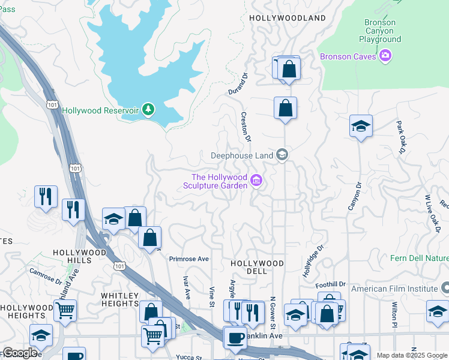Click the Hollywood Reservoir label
tap(101, 110)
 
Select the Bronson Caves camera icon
tap(385, 56)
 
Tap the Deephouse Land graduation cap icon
tap(282, 155)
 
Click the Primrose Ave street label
tap(188, 259)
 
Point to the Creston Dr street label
tap(245, 127)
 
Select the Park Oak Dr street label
tap(400, 137)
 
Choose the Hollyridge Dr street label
tap(313, 256)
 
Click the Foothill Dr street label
tap(334, 284)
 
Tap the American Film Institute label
tap(394, 289)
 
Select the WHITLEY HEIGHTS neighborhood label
tap(120, 299)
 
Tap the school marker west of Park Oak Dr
tap(361, 126)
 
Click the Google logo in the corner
tap(19, 353)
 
